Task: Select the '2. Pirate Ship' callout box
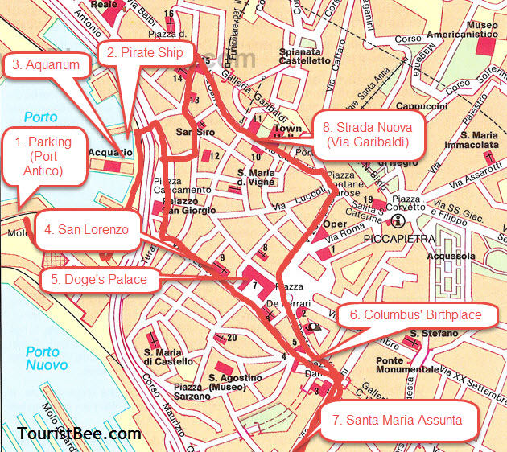(146, 53)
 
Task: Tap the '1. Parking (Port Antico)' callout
(43, 157)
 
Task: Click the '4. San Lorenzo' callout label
(86, 229)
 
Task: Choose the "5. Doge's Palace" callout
(99, 280)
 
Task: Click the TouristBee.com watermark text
(79, 434)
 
